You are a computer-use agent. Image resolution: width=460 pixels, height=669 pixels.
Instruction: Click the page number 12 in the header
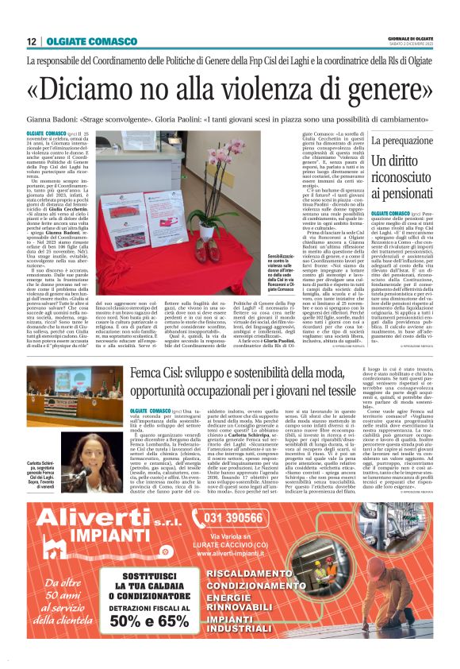coord(32,41)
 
